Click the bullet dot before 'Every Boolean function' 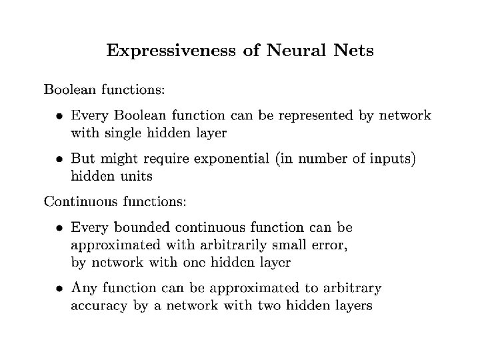coord(59,117)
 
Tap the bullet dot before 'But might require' coord(59,161)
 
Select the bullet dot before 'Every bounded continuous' coord(59,228)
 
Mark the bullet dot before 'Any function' coord(59,289)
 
